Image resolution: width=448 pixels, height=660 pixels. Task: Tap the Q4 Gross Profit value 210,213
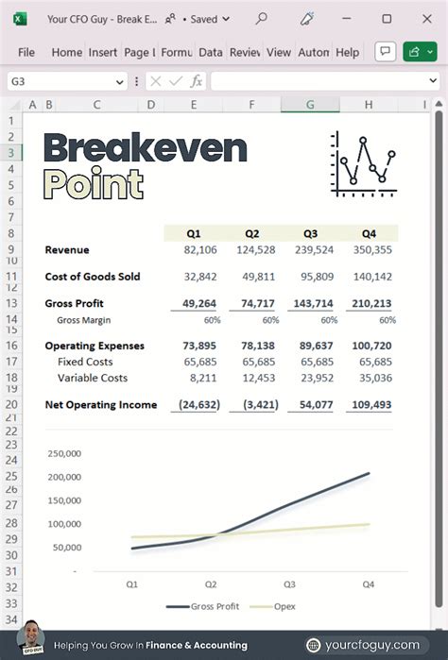pos(371,304)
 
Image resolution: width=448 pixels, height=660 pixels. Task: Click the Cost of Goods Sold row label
pos(93,277)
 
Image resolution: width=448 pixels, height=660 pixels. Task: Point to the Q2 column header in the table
pos(252,233)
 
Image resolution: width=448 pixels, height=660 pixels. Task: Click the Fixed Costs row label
pos(85,363)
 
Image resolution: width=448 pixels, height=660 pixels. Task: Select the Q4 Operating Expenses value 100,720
pos(371,347)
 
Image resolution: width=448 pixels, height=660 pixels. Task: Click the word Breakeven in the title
pos(145,149)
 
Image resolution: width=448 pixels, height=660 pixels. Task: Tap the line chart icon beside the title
pos(363,164)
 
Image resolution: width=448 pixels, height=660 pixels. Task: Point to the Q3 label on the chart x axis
pos(288,584)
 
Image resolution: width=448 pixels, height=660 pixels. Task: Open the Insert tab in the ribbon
pos(103,53)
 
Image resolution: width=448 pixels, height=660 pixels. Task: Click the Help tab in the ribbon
pos(347,53)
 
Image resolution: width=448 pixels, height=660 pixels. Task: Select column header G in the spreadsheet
pos(310,105)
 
